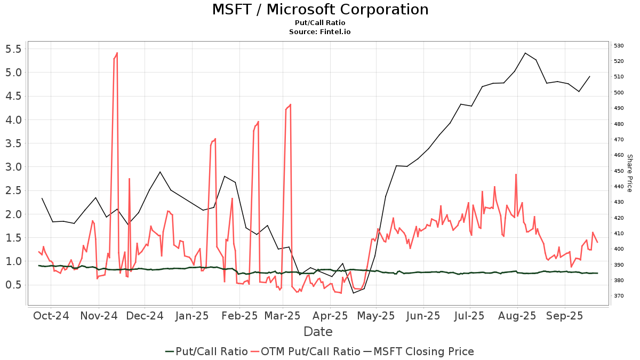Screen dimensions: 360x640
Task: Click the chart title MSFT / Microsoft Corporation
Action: tap(320, 10)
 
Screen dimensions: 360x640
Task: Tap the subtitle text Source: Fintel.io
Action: tap(320, 31)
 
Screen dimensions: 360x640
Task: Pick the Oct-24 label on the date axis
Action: tap(51, 315)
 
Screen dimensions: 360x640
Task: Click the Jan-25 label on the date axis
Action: tap(192, 315)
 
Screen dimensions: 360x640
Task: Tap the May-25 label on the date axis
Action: tap(376, 315)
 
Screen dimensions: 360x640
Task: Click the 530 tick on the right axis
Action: tap(619, 46)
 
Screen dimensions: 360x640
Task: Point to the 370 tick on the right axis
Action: tap(619, 296)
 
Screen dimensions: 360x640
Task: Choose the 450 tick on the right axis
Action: tap(619, 171)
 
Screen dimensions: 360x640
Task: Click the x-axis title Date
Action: tap(318, 332)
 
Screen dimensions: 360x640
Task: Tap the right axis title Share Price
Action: tap(629, 173)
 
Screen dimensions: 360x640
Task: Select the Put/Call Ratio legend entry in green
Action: tap(206, 351)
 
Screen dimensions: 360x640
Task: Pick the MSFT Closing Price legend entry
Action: tap(419, 351)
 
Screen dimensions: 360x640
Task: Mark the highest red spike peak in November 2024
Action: tap(117, 53)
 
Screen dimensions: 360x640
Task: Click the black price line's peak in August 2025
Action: tap(525, 53)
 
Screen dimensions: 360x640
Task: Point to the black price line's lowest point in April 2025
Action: tap(353, 293)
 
